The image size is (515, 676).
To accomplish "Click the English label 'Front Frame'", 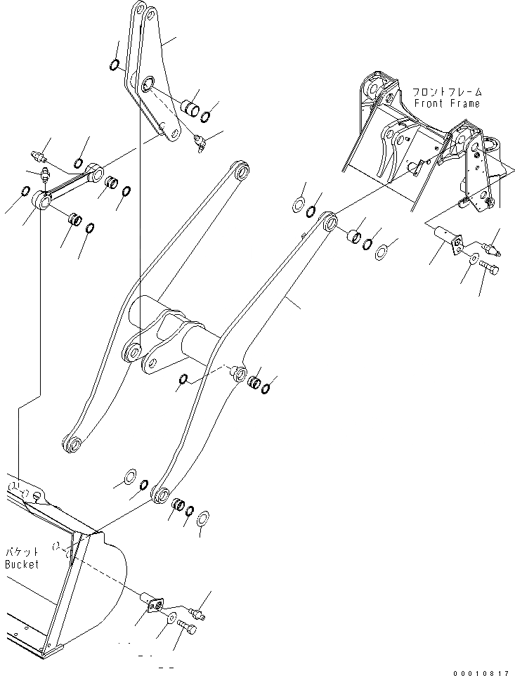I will tap(447, 103).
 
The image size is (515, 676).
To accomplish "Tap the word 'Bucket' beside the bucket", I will tap(22, 564).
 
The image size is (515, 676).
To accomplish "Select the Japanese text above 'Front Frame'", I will tap(447, 92).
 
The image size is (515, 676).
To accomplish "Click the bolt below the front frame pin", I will tap(490, 268).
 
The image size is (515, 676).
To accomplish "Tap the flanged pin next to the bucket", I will tap(151, 602).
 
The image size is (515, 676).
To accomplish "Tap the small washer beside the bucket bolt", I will tap(171, 617).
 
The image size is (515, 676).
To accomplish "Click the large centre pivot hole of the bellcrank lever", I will tap(148, 86).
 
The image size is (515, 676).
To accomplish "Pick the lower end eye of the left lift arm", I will tap(72, 443).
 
